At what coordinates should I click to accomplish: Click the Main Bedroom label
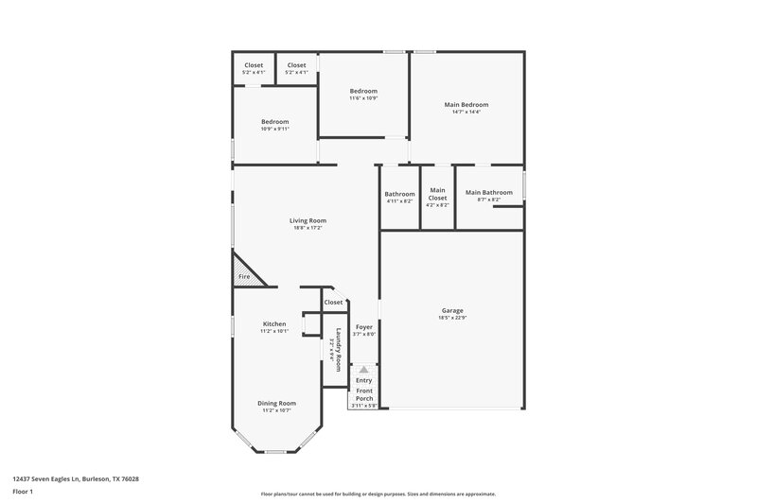point(466,104)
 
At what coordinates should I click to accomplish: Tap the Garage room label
point(452,310)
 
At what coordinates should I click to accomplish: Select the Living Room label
point(308,220)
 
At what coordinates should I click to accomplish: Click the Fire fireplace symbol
point(245,275)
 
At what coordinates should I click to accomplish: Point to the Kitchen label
point(273,323)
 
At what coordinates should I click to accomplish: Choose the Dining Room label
point(276,403)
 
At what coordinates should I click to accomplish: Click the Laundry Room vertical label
point(336,344)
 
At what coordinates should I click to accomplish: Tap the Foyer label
point(364,326)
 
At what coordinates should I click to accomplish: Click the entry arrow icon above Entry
point(364,370)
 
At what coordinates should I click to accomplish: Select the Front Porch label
point(364,394)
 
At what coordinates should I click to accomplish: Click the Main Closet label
point(437,193)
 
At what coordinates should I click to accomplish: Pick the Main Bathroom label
point(488,192)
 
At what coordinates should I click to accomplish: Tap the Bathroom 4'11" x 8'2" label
point(399,194)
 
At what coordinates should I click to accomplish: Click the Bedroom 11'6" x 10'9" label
point(363,91)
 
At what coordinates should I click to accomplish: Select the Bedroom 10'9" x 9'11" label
point(274,121)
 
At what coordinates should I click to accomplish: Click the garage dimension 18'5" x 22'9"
point(452,318)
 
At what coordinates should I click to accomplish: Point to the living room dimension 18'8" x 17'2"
point(308,228)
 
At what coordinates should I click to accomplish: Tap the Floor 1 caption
point(24,493)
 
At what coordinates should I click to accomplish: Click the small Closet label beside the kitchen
point(333,302)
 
